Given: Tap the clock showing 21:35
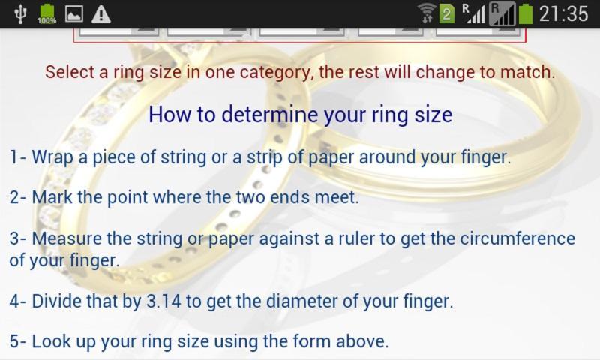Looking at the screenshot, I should point(563,13).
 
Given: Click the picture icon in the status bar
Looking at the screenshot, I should point(74,13).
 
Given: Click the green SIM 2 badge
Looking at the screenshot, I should point(446,14).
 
